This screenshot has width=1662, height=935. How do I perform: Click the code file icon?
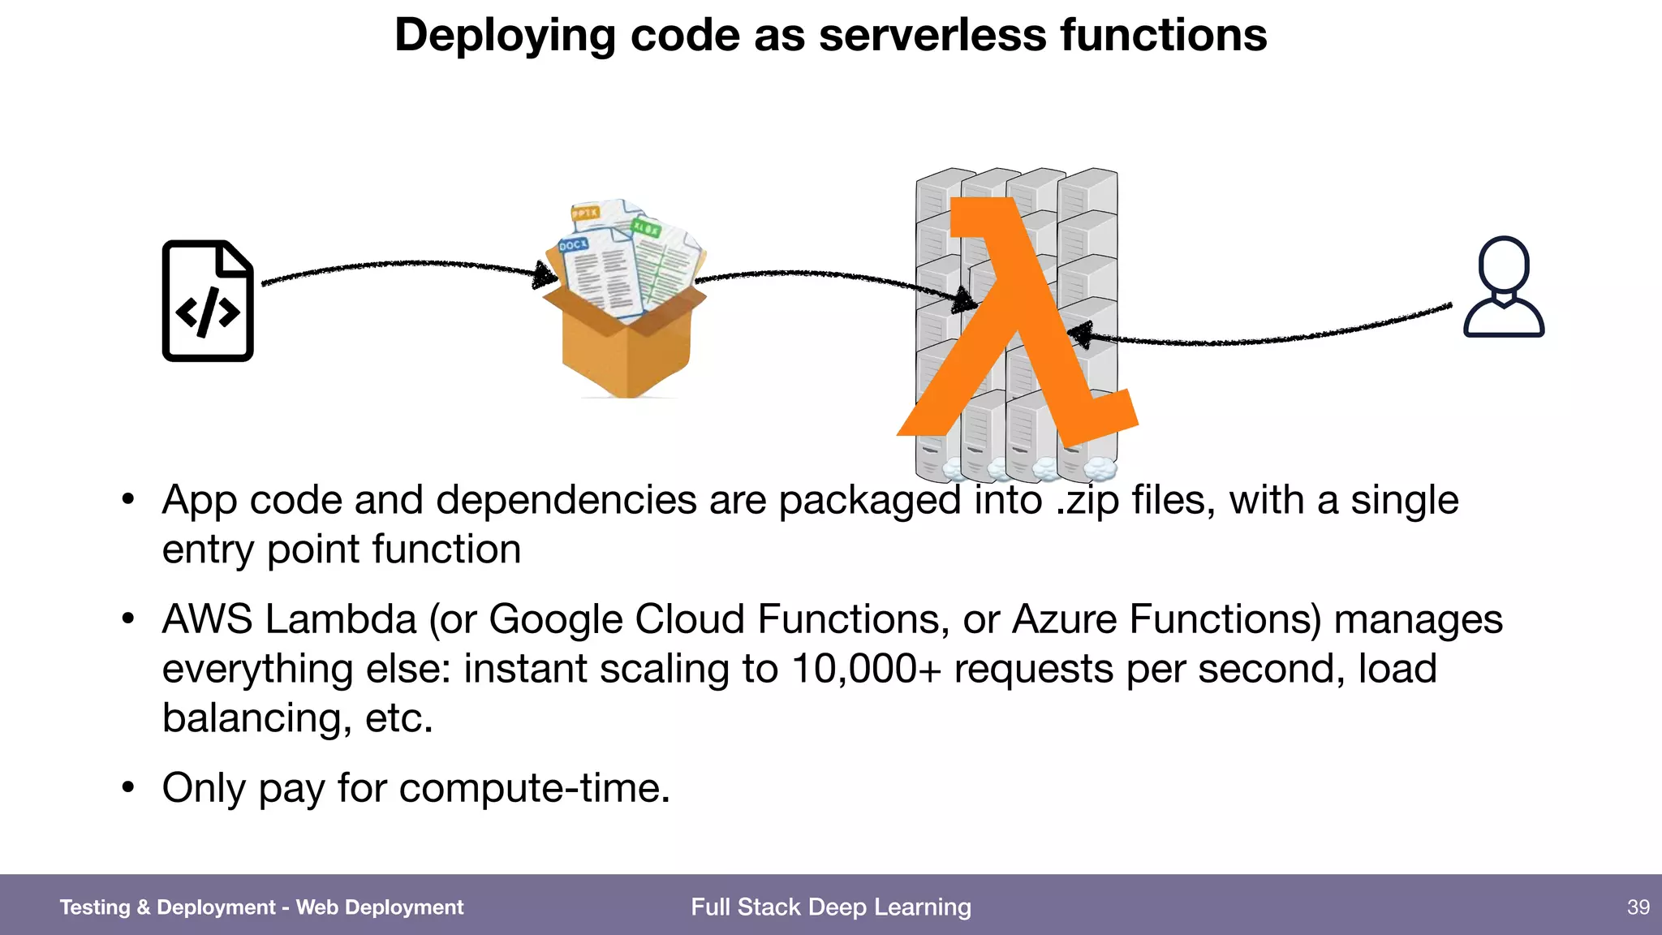(x=208, y=300)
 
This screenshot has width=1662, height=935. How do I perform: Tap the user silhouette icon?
(x=1504, y=287)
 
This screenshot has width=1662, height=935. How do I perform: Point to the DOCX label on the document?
(x=574, y=244)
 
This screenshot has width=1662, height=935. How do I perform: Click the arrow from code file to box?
(x=406, y=265)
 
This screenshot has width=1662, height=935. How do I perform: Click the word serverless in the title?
(x=932, y=36)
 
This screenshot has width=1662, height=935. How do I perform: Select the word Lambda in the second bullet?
(x=341, y=619)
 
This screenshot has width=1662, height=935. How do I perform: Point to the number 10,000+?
(x=866, y=669)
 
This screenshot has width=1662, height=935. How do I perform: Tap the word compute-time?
(x=535, y=788)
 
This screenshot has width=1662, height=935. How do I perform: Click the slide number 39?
(x=1638, y=907)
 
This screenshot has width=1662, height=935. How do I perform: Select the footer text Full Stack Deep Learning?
(x=831, y=907)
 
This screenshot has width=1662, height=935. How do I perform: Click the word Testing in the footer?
(x=95, y=907)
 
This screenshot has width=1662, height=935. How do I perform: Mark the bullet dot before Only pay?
(x=127, y=787)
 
